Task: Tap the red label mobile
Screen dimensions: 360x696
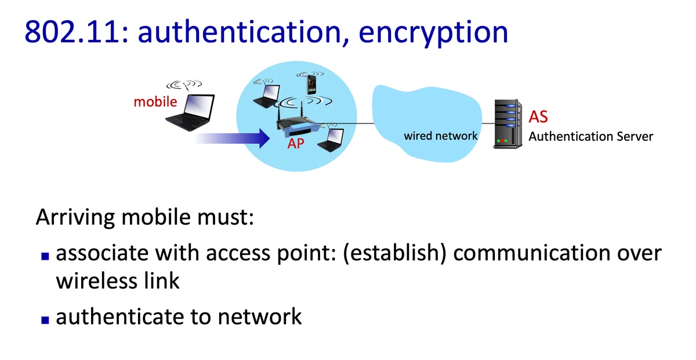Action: pyautogui.click(x=155, y=102)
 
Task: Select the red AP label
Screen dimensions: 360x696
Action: pyautogui.click(x=296, y=144)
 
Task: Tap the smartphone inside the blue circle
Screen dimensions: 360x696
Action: pyautogui.click(x=312, y=85)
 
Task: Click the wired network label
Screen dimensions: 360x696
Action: pyautogui.click(x=441, y=136)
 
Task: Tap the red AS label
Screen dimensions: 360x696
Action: pyautogui.click(x=538, y=117)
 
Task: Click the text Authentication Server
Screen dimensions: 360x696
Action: pyautogui.click(x=590, y=137)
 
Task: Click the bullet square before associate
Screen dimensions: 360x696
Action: pyautogui.click(x=45, y=256)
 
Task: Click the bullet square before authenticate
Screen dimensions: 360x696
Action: pyautogui.click(x=45, y=319)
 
